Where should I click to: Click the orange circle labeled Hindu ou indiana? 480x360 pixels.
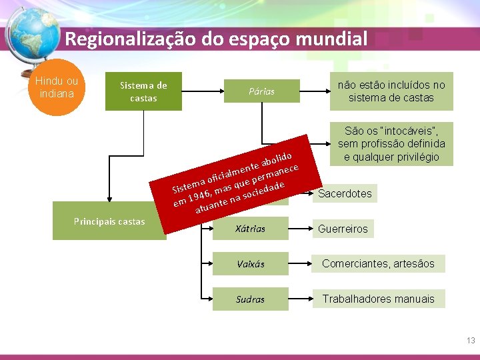coord(57,87)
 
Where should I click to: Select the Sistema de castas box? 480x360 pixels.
coord(143,91)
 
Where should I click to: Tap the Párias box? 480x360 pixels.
coord(261,91)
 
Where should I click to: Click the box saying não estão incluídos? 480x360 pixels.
coord(391,91)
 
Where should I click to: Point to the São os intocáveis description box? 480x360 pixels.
coord(391,143)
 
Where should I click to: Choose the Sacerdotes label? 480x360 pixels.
coord(345,194)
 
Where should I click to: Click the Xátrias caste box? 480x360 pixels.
coord(250,229)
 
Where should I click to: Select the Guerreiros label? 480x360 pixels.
coord(343,229)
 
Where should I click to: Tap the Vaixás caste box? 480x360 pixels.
coord(250,264)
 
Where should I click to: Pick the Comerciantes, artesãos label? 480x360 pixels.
coord(378,264)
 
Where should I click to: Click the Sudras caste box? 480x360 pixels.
coord(250,299)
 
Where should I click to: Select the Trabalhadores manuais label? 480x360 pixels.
coord(378,299)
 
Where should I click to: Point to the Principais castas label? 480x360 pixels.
coord(109,222)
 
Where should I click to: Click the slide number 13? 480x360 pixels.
coord(471,341)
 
